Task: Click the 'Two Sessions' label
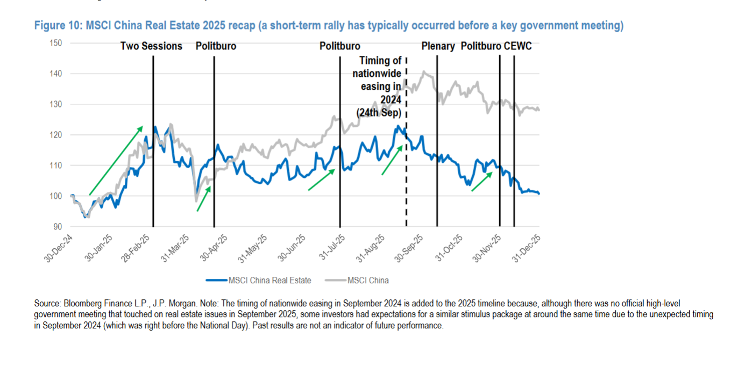[x=151, y=46]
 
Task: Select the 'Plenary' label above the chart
[x=438, y=46]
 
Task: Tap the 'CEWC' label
[x=517, y=46]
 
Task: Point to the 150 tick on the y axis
[x=55, y=43]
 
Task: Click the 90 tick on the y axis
[x=57, y=227]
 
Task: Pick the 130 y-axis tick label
[x=55, y=104]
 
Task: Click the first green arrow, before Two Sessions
[x=116, y=160]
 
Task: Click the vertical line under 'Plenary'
[x=437, y=161]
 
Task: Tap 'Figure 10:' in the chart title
[x=56, y=26]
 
